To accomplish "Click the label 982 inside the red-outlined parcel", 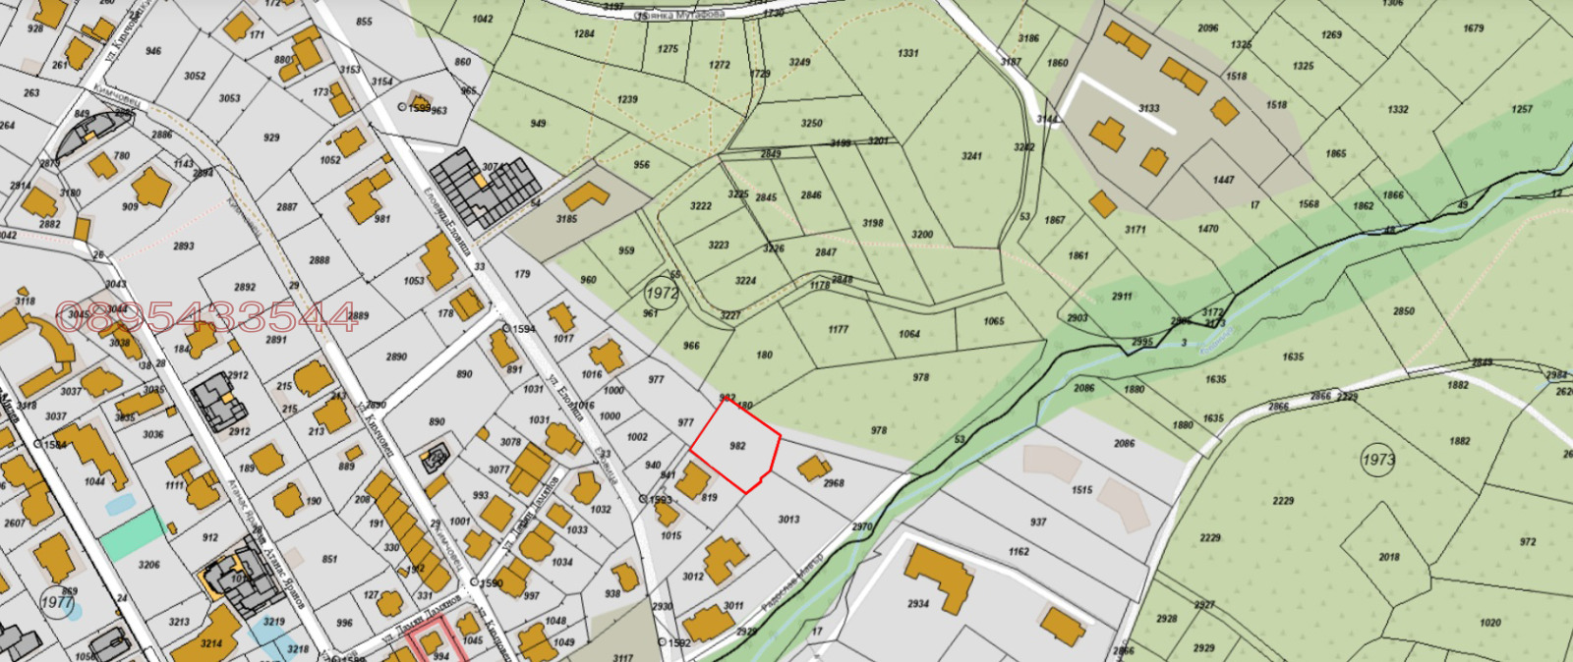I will click(x=737, y=446).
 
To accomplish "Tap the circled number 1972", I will click(x=662, y=293).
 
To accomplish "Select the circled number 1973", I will click(x=1378, y=459).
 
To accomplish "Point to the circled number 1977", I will click(x=57, y=602).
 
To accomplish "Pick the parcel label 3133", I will click(x=1148, y=109).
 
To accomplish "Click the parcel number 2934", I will click(x=918, y=604).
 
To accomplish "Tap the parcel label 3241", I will click(x=971, y=156).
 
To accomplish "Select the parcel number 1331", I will click(x=907, y=54).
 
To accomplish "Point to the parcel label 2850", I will click(x=1403, y=311).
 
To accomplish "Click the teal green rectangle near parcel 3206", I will click(x=133, y=535).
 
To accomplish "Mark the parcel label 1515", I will click(x=1081, y=490).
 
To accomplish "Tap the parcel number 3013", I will click(x=788, y=520).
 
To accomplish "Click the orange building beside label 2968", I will click(x=813, y=469).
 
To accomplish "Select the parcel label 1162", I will click(x=1019, y=552).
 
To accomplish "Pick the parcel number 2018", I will click(x=1388, y=557).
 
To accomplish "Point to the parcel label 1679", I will click(x=1473, y=28).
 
